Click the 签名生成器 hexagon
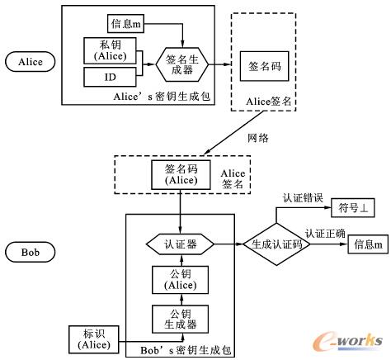[x=184, y=64]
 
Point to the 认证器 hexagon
[x=180, y=244]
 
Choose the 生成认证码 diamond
[x=275, y=244]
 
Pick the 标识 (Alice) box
[x=94, y=339]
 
